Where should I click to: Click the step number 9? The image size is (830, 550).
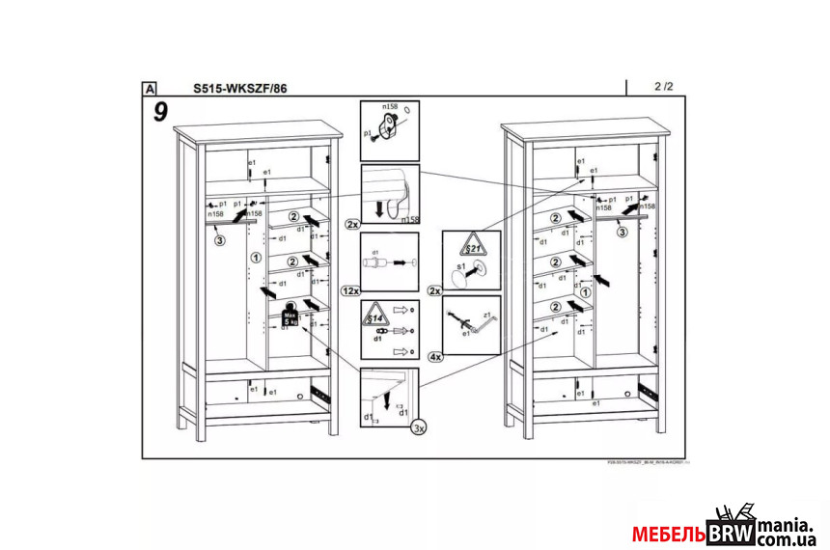click(160, 112)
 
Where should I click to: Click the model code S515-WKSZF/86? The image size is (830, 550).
click(239, 88)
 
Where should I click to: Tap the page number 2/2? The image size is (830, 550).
click(663, 87)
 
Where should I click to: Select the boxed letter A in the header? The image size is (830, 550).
click(150, 88)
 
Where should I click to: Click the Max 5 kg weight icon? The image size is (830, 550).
click(290, 316)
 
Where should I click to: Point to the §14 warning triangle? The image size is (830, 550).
click(374, 315)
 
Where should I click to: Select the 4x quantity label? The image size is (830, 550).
click(435, 357)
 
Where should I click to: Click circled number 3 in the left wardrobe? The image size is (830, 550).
click(219, 240)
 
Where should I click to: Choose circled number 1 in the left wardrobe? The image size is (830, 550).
click(255, 258)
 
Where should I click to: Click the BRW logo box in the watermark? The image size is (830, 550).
click(732, 533)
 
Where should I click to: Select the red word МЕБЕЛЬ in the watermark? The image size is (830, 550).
click(669, 534)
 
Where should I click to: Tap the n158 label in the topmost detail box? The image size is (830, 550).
click(390, 106)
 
